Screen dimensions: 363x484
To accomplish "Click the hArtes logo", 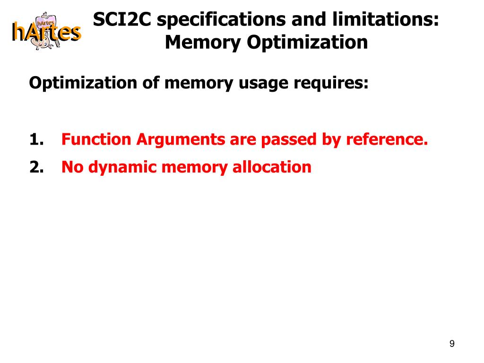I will [x=46, y=31].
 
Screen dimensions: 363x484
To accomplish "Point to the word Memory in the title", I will [x=203, y=43].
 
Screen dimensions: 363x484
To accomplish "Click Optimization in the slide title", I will [x=307, y=43].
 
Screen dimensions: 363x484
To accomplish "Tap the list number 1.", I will [x=36, y=140].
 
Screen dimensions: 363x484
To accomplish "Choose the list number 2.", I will [x=36, y=167].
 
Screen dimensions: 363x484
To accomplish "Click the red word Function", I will [x=96, y=140].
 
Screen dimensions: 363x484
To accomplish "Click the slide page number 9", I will [x=452, y=344].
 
